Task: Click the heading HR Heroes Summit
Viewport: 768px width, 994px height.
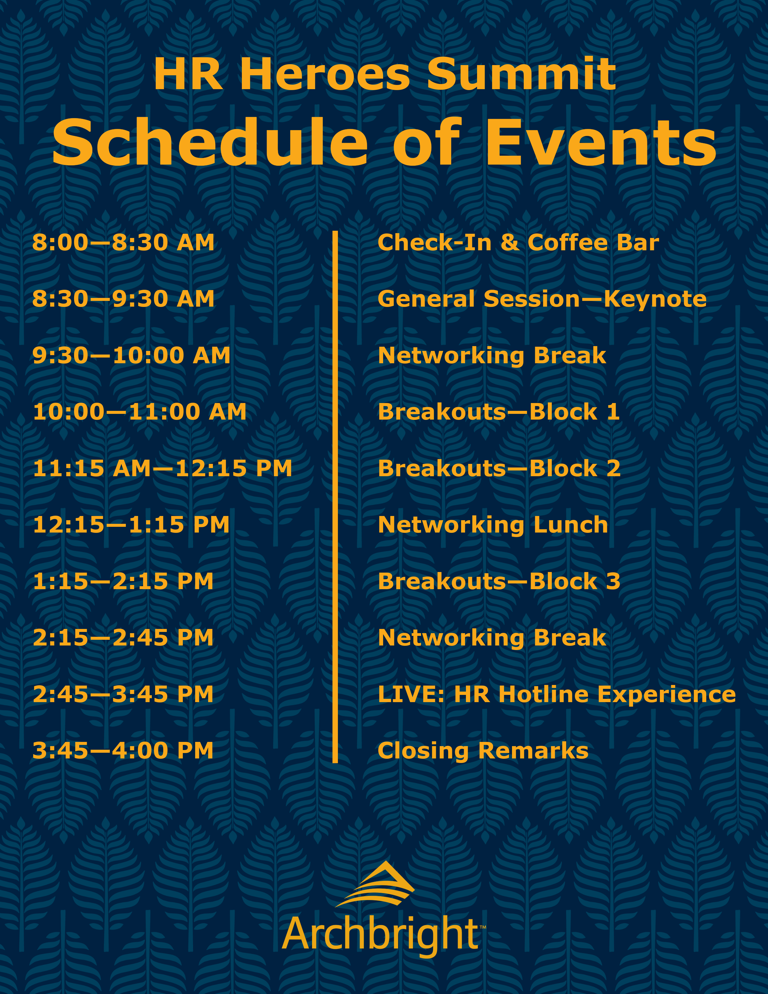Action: pyautogui.click(x=385, y=74)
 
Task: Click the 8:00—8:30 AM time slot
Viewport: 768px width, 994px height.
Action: pyautogui.click(x=123, y=242)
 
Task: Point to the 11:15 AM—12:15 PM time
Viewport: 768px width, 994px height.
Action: pyautogui.click(x=162, y=468)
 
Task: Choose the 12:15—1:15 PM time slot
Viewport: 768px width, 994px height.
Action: pyautogui.click(x=131, y=525)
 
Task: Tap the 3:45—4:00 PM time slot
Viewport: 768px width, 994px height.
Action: pyautogui.click(x=123, y=751)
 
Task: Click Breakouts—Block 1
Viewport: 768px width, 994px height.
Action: pyautogui.click(x=499, y=412)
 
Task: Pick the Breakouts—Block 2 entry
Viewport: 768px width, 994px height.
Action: pyautogui.click(x=499, y=468)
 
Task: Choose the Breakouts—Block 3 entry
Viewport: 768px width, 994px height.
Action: pyautogui.click(x=499, y=581)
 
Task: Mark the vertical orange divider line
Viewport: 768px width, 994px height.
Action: pyautogui.click(x=335, y=497)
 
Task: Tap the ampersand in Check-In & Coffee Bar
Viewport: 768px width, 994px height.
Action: pyautogui.click(x=510, y=242)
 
